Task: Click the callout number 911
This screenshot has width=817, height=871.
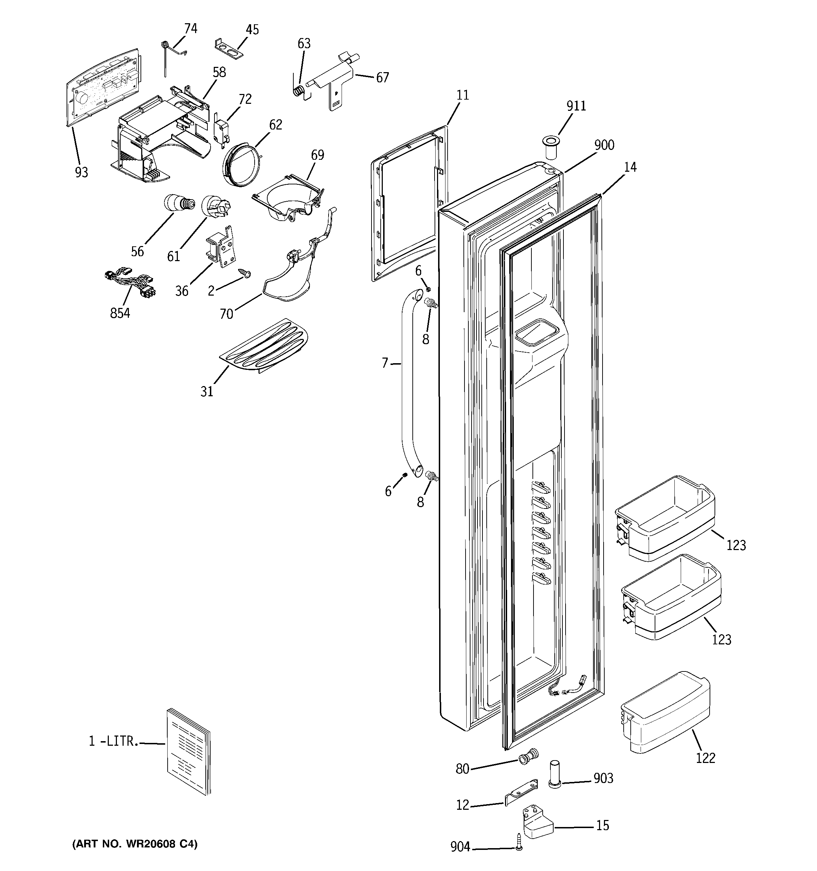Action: (x=576, y=106)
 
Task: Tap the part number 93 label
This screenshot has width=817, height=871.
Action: (x=81, y=173)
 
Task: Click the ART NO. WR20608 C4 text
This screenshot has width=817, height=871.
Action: (x=135, y=844)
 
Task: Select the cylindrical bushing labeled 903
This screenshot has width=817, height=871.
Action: (x=555, y=776)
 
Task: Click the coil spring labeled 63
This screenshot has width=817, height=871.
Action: (x=298, y=91)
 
